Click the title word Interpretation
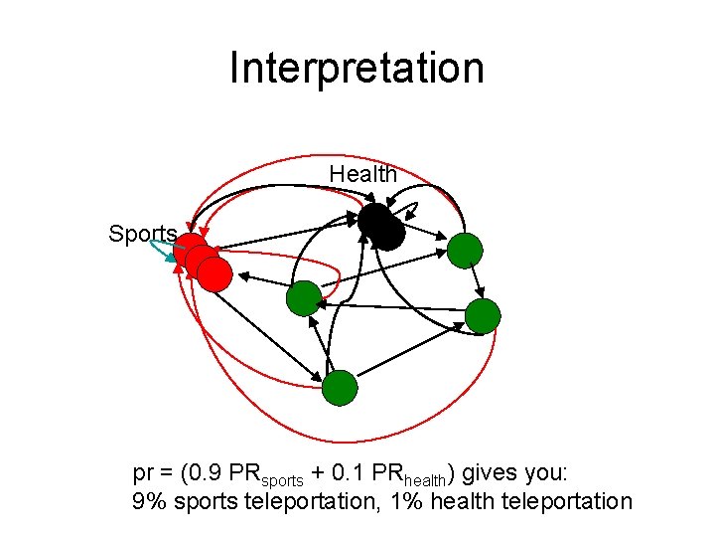point(357,69)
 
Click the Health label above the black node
point(363,174)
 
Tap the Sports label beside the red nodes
point(143,234)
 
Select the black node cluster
point(381,228)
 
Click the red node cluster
point(203,262)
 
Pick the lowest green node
point(340,388)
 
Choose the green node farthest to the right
point(483,316)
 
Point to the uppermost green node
point(464,251)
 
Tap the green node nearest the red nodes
point(304,298)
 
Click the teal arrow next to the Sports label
point(163,250)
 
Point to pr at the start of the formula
point(144,472)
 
